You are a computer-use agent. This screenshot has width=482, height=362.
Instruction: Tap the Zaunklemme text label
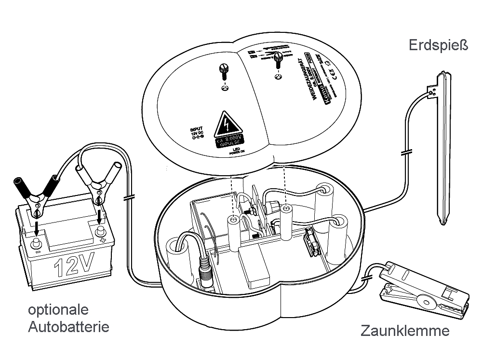[405, 331]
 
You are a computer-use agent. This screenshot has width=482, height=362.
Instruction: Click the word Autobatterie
[68, 327]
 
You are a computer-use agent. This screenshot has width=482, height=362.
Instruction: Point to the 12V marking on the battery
[72, 266]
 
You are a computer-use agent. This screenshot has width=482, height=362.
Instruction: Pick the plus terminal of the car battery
[100, 231]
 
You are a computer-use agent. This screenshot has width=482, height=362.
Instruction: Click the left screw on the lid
[223, 72]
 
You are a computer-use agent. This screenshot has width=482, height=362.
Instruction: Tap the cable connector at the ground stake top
[432, 89]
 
